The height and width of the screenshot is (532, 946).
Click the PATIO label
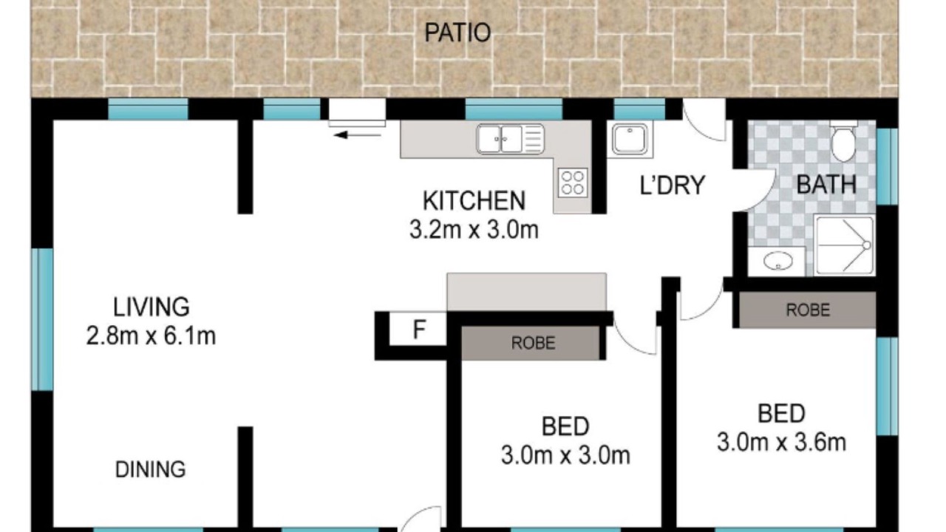click(457, 33)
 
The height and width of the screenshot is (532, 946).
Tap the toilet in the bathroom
click(843, 140)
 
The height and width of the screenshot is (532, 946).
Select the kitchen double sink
click(510, 138)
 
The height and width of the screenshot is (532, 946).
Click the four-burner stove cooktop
click(573, 183)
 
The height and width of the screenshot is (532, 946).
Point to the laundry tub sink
click(630, 139)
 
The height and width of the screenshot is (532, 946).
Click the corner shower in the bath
click(844, 245)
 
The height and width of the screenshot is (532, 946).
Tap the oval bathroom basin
click(778, 261)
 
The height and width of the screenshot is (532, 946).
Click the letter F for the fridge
click(419, 330)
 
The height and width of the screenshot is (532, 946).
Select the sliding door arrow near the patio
click(357, 135)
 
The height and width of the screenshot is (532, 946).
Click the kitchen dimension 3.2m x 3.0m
click(474, 230)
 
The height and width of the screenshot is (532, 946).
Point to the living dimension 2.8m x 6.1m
click(151, 335)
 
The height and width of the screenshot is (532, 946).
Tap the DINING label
click(150, 469)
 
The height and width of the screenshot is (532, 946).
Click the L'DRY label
click(673, 185)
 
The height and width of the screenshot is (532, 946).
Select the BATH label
click(826, 185)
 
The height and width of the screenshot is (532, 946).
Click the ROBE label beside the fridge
click(533, 343)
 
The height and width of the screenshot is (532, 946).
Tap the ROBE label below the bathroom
click(808, 310)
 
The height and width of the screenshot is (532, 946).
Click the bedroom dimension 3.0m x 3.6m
click(781, 443)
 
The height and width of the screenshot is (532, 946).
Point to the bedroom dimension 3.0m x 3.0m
click(565, 456)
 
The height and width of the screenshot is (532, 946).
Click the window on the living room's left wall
click(42, 319)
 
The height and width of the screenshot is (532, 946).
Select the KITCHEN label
click(474, 201)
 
